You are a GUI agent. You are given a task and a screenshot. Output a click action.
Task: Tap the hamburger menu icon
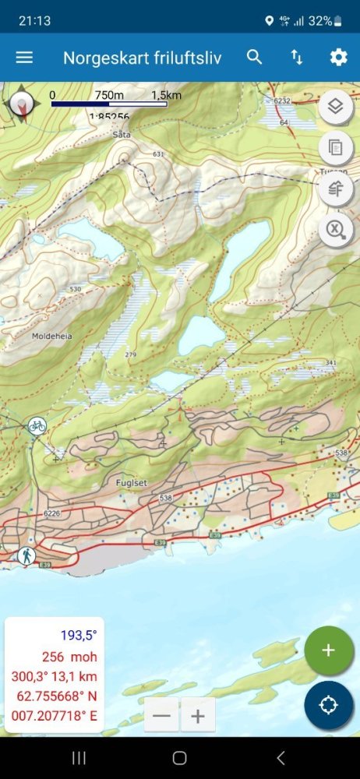(24, 58)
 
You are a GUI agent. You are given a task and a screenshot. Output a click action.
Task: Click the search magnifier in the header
(255, 57)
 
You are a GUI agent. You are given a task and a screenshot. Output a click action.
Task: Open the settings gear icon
(338, 57)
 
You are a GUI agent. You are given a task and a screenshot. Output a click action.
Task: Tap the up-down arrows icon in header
(297, 57)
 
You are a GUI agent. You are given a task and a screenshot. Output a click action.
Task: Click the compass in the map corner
(22, 104)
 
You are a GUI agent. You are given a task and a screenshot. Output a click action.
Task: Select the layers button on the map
(335, 108)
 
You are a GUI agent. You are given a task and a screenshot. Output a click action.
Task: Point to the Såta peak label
(121, 135)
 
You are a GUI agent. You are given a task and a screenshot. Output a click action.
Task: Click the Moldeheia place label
(50, 337)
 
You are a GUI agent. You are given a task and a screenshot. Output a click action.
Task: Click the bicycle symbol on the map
(37, 425)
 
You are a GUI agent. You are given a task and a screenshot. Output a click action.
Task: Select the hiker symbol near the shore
(27, 555)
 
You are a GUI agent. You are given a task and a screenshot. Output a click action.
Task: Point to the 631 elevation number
(159, 154)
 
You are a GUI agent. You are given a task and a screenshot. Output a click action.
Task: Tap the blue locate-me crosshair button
(328, 705)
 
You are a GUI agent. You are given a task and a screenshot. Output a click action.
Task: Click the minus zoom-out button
(162, 716)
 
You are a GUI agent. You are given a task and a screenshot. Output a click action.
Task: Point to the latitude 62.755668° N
(54, 696)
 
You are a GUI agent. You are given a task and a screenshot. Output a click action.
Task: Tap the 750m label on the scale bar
(109, 95)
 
